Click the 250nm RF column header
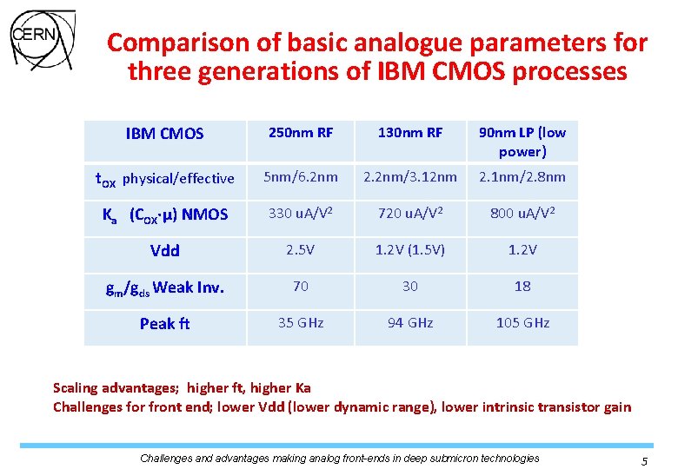tap(301, 133)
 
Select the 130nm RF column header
tap(410, 133)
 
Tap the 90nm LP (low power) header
tap(522, 142)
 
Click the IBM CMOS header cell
tap(164, 134)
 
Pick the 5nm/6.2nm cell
tap(301, 177)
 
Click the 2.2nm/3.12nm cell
tap(410, 177)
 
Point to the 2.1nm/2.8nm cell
tap(522, 177)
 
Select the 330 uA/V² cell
tap(301, 214)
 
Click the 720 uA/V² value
tap(410, 214)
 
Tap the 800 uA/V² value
tap(522, 214)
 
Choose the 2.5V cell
tap(301, 250)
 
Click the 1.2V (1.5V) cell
tap(410, 250)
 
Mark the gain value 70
tap(301, 286)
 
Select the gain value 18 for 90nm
tap(522, 286)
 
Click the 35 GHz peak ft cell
tap(301, 323)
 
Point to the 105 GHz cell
tap(522, 323)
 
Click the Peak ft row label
tap(164, 324)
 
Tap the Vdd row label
tap(164, 251)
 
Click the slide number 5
tap(644, 462)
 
